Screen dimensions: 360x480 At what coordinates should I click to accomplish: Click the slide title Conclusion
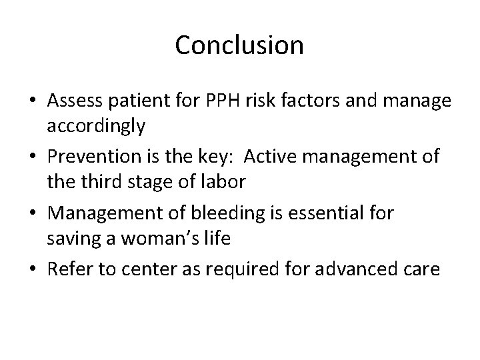[x=239, y=45]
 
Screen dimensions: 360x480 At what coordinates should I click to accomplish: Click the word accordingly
[x=96, y=127]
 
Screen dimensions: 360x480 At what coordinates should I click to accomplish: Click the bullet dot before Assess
[x=32, y=102]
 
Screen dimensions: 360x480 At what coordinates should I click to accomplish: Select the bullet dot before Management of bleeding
[x=32, y=214]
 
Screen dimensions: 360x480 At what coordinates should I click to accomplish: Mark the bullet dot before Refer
[x=32, y=270]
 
